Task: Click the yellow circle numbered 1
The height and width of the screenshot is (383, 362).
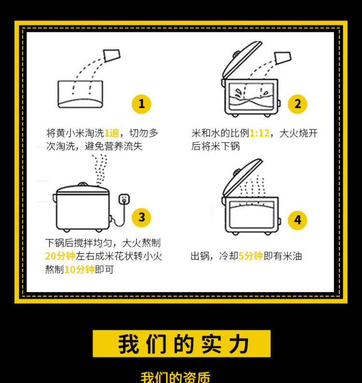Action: coord(141,104)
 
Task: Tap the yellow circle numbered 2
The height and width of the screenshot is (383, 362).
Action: coord(297,104)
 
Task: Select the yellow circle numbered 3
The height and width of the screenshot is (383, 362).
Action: coord(141,218)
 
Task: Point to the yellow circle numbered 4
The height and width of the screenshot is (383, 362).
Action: coord(297,220)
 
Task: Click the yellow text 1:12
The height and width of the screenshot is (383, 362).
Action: coord(259,133)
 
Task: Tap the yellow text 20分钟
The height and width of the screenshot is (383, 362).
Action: coord(60,256)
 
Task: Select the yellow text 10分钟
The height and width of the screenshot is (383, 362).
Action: coord(80,269)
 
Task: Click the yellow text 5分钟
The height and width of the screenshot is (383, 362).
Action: coord(251,256)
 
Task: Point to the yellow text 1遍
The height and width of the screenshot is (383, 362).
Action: coord(111,133)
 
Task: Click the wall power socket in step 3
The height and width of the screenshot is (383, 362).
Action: coord(124,199)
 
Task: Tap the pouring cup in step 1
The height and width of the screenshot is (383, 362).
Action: coord(111,55)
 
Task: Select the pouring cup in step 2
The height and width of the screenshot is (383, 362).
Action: coord(283,58)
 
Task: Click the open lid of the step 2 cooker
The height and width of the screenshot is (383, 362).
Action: coord(242,60)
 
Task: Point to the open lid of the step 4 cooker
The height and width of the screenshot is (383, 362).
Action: coord(242,178)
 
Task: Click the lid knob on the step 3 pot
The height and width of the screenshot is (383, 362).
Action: coord(83,184)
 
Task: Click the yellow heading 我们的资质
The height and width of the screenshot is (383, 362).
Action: coord(175,377)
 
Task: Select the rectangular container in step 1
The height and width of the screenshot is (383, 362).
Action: coord(81,94)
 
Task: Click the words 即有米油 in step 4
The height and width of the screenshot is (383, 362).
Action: coord(283,256)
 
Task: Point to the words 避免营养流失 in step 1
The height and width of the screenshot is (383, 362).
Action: coord(113,146)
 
